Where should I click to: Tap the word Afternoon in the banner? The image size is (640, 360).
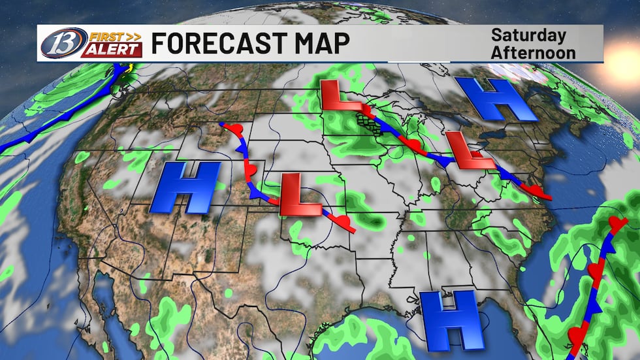[534, 52]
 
